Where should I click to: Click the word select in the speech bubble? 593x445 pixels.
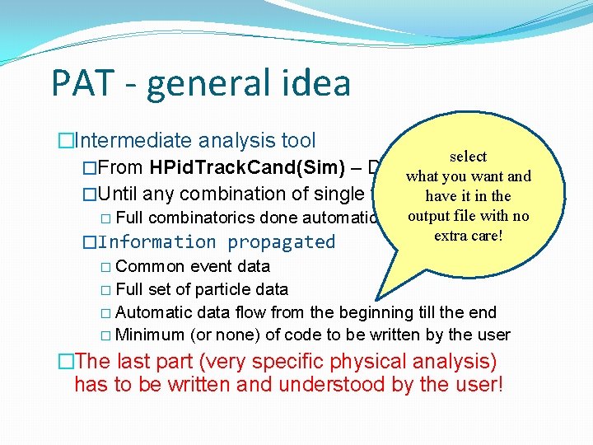[x=468, y=157]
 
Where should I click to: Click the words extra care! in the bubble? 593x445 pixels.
[x=468, y=236]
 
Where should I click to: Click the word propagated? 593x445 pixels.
[x=282, y=242]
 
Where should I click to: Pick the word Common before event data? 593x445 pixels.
[x=145, y=266]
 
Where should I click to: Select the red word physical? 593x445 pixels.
[x=377, y=362]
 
